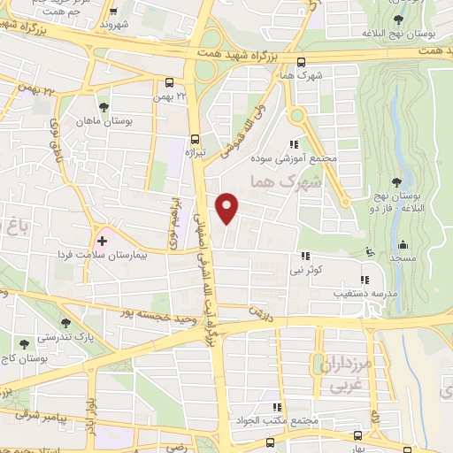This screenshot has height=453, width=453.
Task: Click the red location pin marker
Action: click(x=228, y=207)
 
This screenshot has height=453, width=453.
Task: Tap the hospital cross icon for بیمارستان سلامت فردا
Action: click(x=103, y=240)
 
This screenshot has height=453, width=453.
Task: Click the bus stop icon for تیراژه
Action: click(x=196, y=138)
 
